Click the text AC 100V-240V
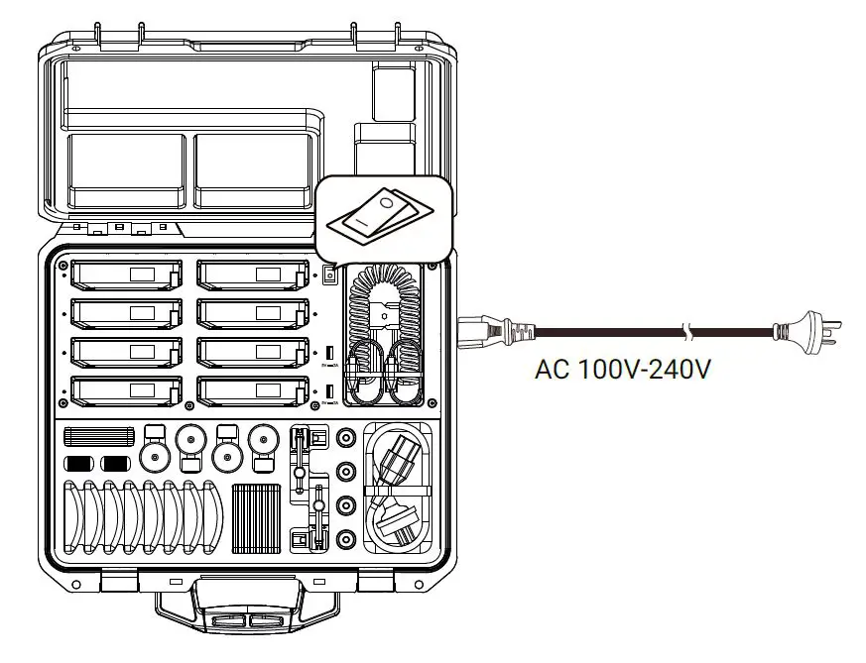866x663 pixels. [623, 371]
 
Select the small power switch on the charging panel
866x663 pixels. [329, 275]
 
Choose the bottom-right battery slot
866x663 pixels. [252, 389]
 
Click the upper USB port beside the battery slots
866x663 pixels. [328, 352]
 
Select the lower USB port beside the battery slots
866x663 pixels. [328, 391]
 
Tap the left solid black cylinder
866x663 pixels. [78, 463]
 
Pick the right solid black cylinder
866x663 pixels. [116, 463]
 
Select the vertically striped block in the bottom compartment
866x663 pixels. [255, 518]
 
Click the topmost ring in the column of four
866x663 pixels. [346, 437]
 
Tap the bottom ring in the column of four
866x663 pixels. [346, 541]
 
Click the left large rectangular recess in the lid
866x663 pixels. [126, 170]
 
